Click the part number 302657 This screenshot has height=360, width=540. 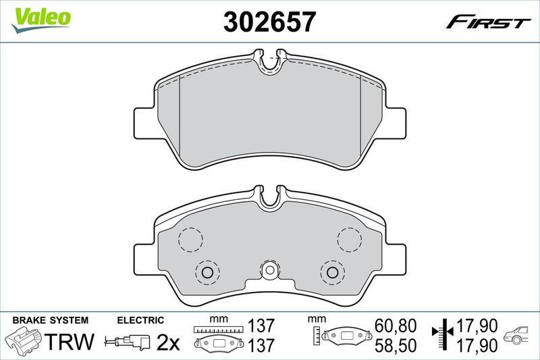[269, 22]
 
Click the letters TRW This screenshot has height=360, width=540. [70, 342]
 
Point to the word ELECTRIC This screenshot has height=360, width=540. [140, 320]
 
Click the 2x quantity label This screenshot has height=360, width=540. [168, 343]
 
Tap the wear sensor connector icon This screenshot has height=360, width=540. [128, 342]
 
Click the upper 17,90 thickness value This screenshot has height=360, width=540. [477, 328]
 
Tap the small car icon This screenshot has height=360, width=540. [518, 336]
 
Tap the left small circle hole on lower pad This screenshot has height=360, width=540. [207, 272]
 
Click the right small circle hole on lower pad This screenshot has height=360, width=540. [332, 272]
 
